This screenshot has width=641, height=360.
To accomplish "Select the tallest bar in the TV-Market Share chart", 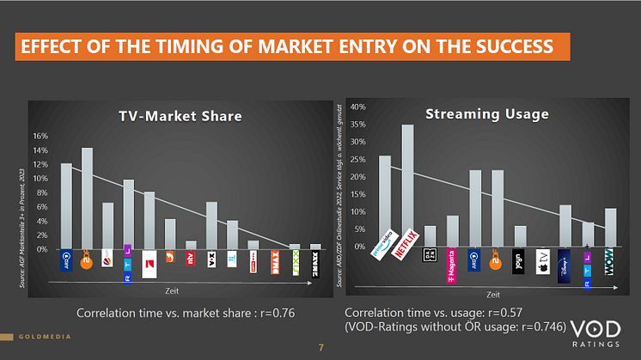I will [87, 198].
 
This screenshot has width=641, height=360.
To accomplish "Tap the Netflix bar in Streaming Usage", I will [407, 185].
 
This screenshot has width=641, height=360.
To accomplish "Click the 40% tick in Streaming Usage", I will [359, 107].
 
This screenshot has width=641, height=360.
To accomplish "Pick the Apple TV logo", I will [542, 260].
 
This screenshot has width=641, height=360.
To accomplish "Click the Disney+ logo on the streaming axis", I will [565, 260].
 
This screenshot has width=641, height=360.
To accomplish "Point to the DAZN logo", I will [430, 255].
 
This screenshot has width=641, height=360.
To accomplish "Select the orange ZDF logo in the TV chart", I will [87, 256].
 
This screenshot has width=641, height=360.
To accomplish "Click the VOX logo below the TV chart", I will [211, 256].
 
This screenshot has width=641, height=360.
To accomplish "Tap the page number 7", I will [320, 347].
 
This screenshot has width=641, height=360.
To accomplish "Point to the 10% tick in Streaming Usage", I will [359, 211].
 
